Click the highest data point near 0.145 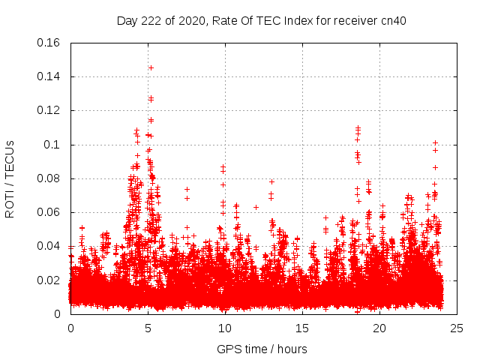(x=151, y=67)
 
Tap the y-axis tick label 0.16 (x=49, y=43)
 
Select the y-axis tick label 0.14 (x=49, y=76)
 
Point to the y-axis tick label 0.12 (x=49, y=110)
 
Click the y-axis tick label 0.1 (x=52, y=145)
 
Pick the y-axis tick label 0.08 (x=49, y=178)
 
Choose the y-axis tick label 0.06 (x=49, y=212)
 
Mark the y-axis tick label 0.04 (x=49, y=246)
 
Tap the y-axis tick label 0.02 (x=49, y=280)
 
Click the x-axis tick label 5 (x=148, y=328)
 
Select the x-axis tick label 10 (x=225, y=328)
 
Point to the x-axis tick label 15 (x=302, y=328)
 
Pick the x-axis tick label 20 (x=379, y=328)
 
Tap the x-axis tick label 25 (x=457, y=328)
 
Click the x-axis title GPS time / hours (x=262, y=349)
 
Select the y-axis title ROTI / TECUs (x=10, y=178)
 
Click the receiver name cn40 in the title (x=393, y=21)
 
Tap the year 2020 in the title (x=191, y=21)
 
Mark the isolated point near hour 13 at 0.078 (x=271, y=181)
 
